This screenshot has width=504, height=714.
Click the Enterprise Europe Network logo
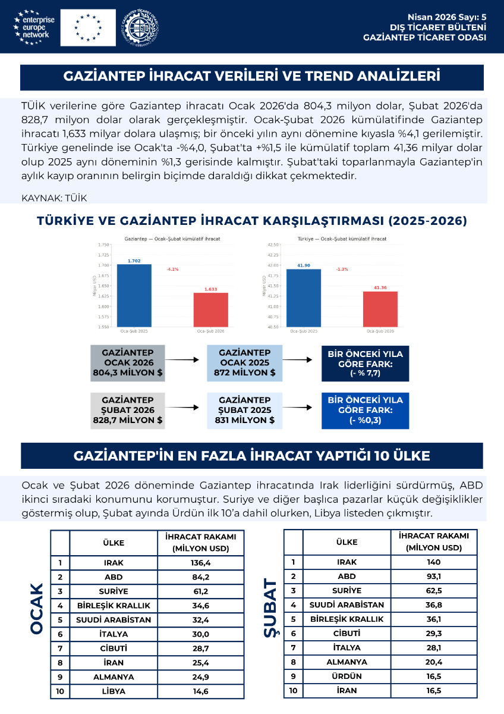pos(34,27)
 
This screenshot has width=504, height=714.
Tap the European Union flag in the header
pos(88,27)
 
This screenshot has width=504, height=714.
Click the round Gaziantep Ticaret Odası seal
pos(140,27)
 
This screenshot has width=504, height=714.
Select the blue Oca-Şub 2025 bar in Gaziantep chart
pos(134,295)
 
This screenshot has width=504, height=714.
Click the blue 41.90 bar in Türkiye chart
pos(304,297)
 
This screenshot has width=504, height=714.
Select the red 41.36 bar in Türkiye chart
pos(380,309)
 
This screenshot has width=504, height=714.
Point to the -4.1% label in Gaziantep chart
pos(172,270)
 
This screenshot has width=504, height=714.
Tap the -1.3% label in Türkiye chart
pos(342,270)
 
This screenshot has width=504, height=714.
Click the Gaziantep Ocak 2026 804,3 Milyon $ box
pos(128,363)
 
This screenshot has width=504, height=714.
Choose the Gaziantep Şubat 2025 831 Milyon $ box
pos(244,411)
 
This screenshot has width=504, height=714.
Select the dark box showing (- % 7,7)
pos(366,363)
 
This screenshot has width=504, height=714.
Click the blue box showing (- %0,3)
pos(366,411)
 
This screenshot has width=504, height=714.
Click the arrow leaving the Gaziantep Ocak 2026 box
pos(182,360)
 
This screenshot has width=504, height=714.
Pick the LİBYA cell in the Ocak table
pos(114,691)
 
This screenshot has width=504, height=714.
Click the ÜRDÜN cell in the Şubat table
pos(346,677)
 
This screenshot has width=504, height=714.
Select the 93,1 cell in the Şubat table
pos(434,577)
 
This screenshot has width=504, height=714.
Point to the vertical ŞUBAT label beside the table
pos(271,608)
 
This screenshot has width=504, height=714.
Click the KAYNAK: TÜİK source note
pos(54,197)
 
